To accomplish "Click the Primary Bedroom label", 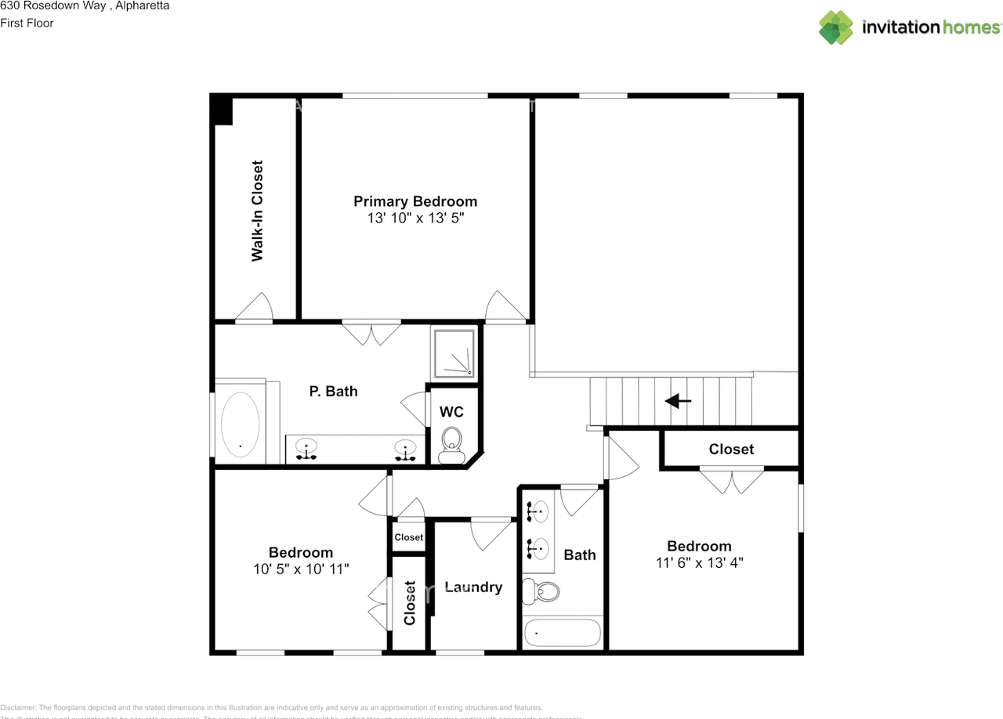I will [x=415, y=201].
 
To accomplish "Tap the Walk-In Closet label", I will [x=257, y=211].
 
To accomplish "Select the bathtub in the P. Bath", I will [x=240, y=424].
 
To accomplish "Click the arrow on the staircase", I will [x=678, y=401].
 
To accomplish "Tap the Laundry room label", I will [x=473, y=587].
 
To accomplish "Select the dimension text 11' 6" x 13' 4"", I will [x=699, y=562].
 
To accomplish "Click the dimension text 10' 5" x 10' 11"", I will [x=301, y=569].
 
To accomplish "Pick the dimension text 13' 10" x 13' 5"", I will [x=415, y=219].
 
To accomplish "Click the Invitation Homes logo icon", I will [x=836, y=27].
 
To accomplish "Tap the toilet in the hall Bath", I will [x=541, y=590].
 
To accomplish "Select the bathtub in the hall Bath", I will [x=563, y=632].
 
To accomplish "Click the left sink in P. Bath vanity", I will [x=306, y=449].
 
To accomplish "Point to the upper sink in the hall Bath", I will [x=538, y=512].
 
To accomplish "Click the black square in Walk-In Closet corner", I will [x=223, y=110].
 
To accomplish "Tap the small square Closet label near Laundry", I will [x=408, y=537].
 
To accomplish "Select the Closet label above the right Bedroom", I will [x=731, y=449].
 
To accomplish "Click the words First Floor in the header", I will [x=27, y=23].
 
